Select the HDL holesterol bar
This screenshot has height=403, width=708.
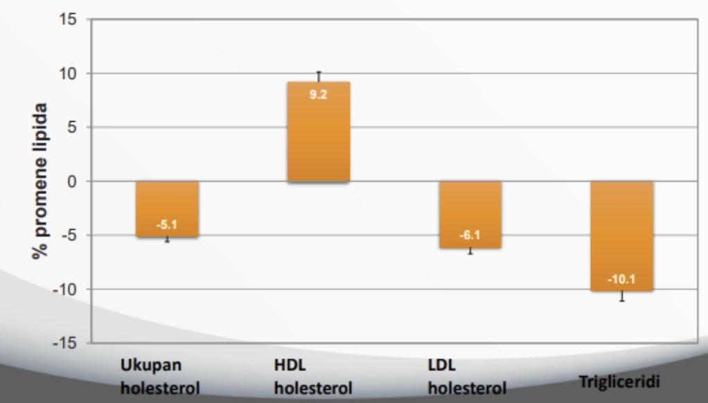(319, 132)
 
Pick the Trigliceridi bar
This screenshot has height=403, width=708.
(621, 235)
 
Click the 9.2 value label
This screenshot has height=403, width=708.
(319, 94)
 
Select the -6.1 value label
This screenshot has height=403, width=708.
(470, 235)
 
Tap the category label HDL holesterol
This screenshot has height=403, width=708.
(310, 375)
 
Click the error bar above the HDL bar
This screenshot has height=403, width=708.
(319, 76)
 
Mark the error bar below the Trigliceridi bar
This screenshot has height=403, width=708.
(621, 296)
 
